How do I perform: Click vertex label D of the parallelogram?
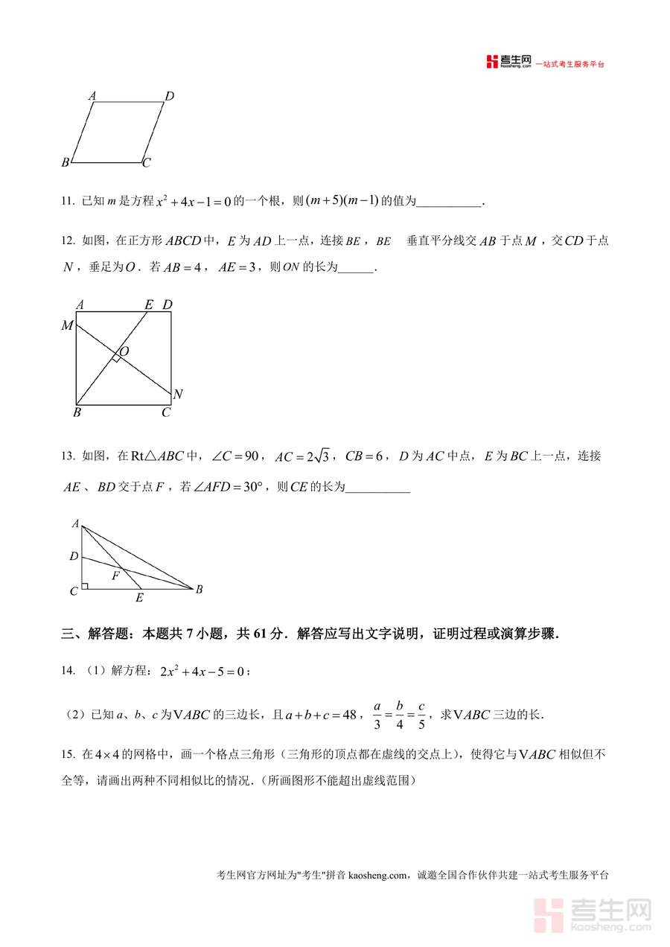pyautogui.click(x=170, y=96)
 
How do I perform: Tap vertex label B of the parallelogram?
pyautogui.click(x=66, y=162)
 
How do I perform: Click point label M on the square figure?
pyautogui.click(x=68, y=325)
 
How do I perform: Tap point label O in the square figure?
pyautogui.click(x=124, y=351)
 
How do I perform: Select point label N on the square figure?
pyautogui.click(x=178, y=394)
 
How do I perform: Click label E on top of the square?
pyautogui.click(x=148, y=304)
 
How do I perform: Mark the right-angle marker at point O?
pyautogui.click(x=116, y=359)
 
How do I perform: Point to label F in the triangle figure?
pyautogui.click(x=115, y=575)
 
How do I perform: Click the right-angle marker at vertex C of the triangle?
pyautogui.click(x=85, y=586)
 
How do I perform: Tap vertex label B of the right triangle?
pyautogui.click(x=199, y=590)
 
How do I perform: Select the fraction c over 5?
pyautogui.click(x=421, y=714)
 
